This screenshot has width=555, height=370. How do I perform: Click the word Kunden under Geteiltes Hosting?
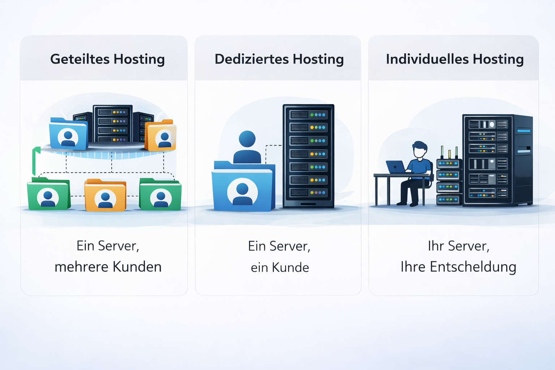coord(137,267)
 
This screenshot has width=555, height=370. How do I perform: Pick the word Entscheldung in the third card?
coord(473,267)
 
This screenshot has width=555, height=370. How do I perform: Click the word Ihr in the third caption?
coord(435,246)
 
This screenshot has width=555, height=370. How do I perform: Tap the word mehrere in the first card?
coord(81,267)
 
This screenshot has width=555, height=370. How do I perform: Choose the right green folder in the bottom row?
coord(160,195)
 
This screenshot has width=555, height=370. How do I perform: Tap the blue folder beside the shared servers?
coord(68,134)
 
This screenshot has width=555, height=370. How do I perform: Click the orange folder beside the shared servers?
coord(161,135)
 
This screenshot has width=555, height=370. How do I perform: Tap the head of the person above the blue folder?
coord(247,139)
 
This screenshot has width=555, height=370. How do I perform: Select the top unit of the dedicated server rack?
coord(308,115)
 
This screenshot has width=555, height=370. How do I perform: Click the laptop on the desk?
coord(395,167)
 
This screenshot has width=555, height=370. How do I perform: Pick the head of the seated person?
coord(420,149)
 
